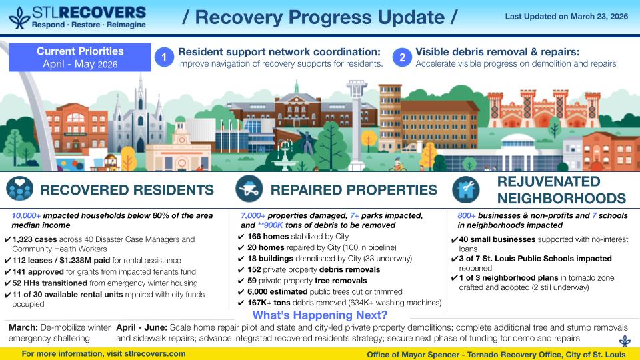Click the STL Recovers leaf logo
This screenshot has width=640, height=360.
click(19, 17)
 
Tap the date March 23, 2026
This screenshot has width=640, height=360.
click(599, 16)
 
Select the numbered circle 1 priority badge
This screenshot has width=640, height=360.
click(164, 57)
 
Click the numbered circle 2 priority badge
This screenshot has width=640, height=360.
click(402, 57)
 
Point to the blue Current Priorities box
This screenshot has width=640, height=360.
click(80, 57)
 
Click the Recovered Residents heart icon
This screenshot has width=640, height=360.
click(19, 189)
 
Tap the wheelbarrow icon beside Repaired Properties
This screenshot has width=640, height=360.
click(249, 189)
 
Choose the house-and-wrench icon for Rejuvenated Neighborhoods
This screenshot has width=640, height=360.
click(466, 190)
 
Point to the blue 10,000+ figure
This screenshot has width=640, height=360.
click(26, 215)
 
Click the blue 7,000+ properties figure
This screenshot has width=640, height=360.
click(253, 215)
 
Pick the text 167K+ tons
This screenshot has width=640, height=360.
click(269, 303)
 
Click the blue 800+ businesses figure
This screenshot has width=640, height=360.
click(467, 215)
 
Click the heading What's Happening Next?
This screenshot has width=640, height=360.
click(319, 315)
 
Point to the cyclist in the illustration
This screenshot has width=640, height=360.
click(397, 164)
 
